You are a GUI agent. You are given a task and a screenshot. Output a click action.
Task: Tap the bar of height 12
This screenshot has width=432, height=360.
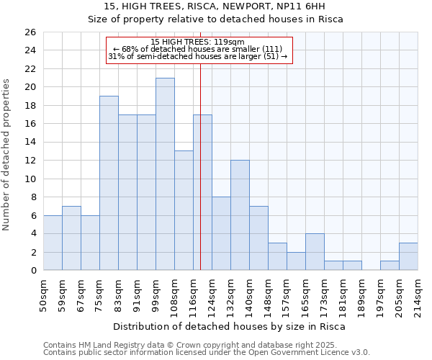tap(240, 215)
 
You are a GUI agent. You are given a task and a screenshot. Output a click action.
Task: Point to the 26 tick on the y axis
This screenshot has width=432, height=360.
tap(30, 32)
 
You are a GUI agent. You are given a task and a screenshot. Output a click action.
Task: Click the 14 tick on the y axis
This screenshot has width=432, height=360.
tap(30, 143)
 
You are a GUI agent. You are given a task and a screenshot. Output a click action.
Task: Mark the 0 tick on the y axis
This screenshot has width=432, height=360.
tap(32, 271)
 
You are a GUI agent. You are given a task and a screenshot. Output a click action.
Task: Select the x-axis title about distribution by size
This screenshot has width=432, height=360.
tap(230, 326)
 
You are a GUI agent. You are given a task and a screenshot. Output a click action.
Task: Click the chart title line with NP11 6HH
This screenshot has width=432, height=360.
tap(215, 7)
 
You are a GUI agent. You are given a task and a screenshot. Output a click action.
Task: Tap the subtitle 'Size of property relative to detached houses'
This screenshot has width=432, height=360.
tap(215, 19)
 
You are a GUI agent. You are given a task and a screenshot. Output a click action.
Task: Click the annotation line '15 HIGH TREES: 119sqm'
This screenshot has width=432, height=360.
tap(199, 42)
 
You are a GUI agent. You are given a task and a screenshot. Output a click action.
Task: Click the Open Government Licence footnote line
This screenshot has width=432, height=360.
tap(206, 353)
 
